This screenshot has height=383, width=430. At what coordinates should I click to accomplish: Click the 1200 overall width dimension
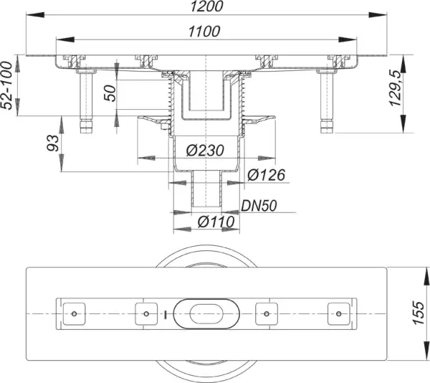coord(207,6)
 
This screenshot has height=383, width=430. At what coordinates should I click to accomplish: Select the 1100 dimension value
coord(204,32)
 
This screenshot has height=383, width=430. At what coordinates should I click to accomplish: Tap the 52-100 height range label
coord(6,85)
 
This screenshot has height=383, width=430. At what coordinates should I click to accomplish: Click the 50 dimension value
coord(110,93)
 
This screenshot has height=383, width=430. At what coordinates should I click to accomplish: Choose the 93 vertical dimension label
coord(52,143)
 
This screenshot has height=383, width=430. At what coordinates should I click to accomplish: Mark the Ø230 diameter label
coord(205,151)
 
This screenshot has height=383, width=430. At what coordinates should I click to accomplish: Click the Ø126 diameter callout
coord(266,175)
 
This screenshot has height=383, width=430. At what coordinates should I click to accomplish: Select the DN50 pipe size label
coord(259,206)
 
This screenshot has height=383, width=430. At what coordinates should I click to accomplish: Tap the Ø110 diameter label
coord(216,222)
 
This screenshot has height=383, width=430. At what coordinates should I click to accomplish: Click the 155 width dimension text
coord(419,313)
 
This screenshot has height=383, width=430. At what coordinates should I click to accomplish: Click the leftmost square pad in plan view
coord(74,314)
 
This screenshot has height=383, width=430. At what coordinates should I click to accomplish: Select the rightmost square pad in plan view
coord(339,314)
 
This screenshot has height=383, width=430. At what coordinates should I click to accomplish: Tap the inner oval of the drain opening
coord(206,314)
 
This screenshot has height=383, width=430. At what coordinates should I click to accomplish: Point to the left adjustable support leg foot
coord(86,127)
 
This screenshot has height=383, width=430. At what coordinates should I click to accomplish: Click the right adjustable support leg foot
coord(327,127)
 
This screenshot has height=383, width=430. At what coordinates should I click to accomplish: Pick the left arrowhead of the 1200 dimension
coord(35,15)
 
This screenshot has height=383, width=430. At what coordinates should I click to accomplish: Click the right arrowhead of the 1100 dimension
coord(348,39)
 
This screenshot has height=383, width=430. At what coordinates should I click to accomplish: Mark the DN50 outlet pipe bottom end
coord(206,207)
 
